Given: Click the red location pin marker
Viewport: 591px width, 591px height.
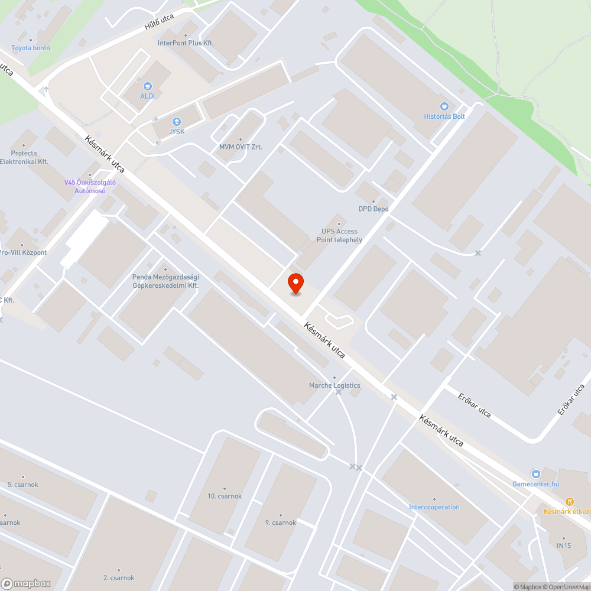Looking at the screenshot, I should (x=295, y=284).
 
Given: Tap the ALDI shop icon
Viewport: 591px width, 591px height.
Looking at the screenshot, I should (x=148, y=86).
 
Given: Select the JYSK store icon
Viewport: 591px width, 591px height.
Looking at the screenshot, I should (x=176, y=122).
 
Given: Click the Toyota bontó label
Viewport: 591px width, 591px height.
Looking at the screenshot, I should (x=31, y=48).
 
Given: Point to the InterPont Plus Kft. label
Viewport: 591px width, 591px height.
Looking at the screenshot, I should (x=186, y=43).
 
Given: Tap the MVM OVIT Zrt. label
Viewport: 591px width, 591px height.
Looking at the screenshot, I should (x=241, y=147).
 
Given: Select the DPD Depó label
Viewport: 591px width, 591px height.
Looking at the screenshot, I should (x=373, y=209).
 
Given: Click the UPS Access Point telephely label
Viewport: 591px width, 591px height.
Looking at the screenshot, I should (x=339, y=235).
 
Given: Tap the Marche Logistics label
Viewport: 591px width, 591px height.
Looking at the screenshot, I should (x=335, y=385).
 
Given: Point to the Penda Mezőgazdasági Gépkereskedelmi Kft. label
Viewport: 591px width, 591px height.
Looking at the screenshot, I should (x=165, y=281).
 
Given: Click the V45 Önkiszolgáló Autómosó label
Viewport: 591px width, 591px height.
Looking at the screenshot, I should (x=90, y=186).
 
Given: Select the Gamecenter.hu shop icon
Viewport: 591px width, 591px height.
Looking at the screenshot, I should (x=535, y=474).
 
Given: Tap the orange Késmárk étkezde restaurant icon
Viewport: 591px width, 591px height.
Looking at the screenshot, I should (x=570, y=501).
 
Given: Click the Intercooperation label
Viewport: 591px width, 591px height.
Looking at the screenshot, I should (x=434, y=507).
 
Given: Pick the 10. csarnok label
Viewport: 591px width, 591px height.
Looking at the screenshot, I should (x=225, y=496).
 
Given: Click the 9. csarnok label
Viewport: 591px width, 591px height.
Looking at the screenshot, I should (x=281, y=522).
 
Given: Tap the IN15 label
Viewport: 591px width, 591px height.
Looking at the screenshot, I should (x=564, y=545).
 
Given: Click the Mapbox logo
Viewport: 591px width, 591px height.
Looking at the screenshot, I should (x=27, y=583).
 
